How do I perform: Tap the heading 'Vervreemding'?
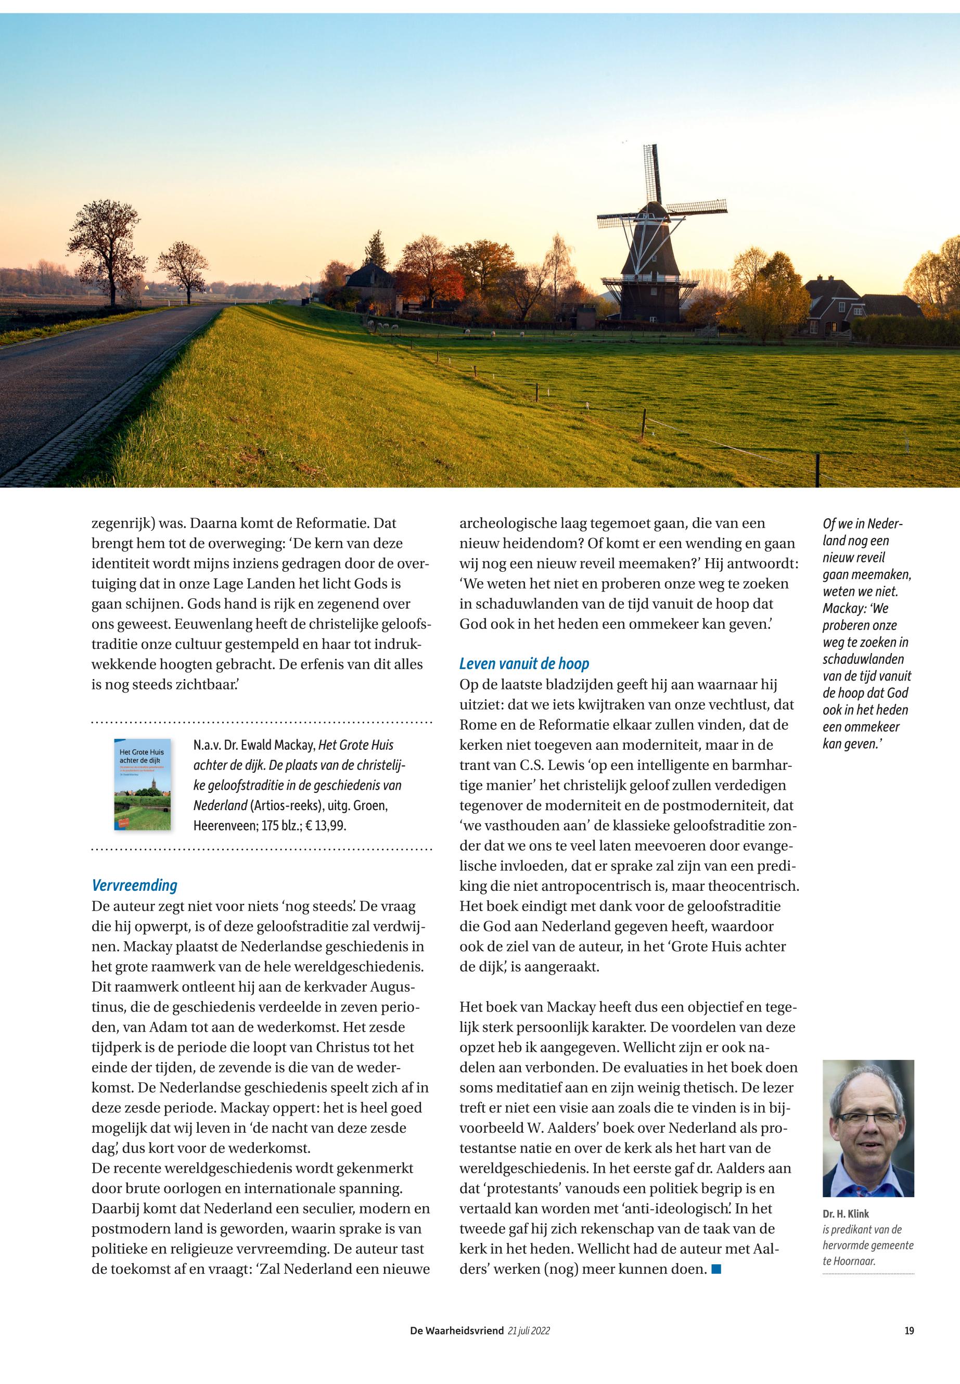tap(134, 886)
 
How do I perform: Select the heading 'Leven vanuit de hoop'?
tap(524, 663)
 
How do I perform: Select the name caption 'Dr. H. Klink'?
tap(846, 1214)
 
